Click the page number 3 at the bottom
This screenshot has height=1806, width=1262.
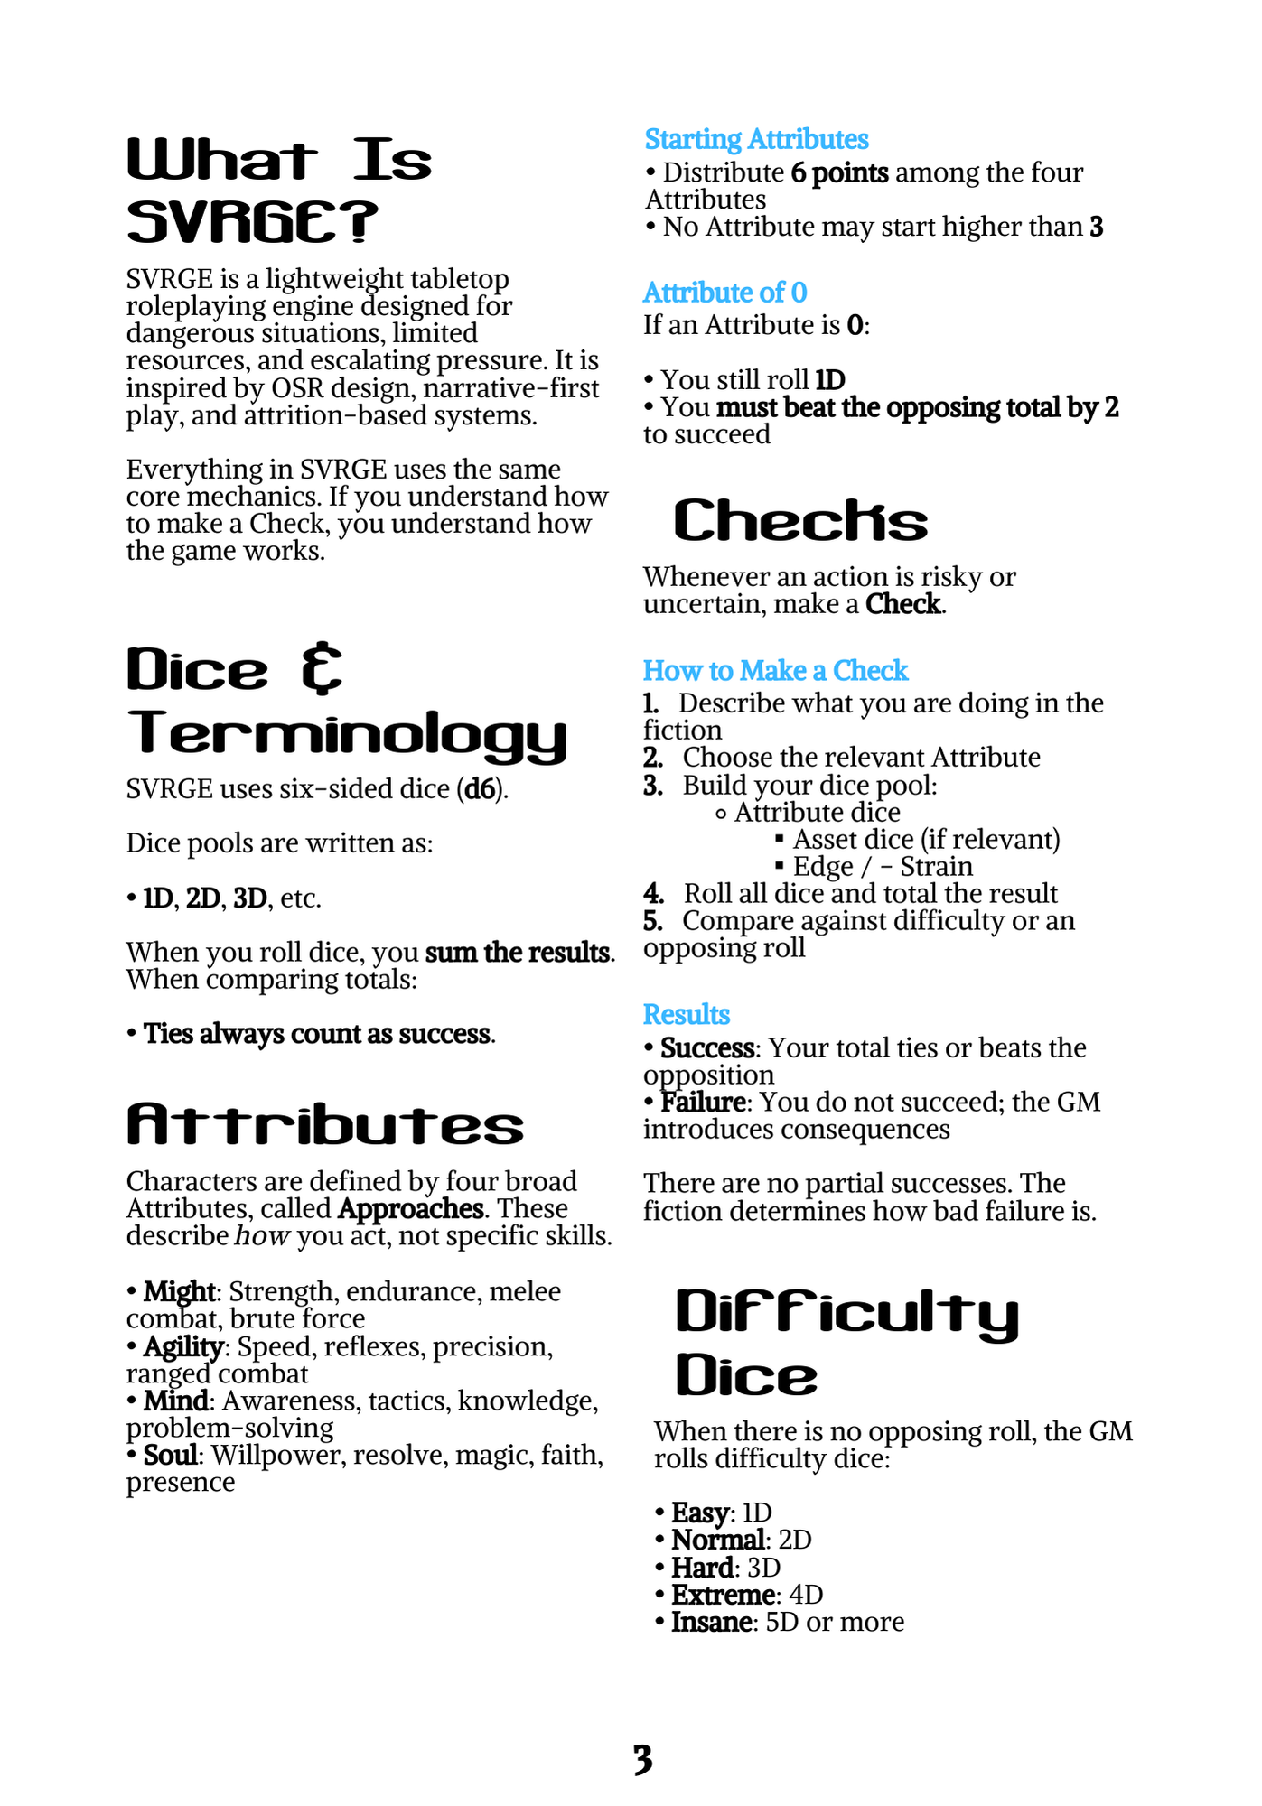click(642, 1759)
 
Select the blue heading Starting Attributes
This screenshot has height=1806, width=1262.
click(756, 139)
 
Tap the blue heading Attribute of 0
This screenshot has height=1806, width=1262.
click(724, 293)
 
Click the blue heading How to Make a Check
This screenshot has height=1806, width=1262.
click(775, 670)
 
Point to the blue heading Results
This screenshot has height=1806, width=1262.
click(686, 1014)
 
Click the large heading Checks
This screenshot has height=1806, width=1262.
click(800, 520)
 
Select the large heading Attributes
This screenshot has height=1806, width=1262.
click(325, 1125)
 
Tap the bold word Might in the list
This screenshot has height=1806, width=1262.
click(179, 1291)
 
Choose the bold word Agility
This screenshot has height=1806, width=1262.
click(183, 1346)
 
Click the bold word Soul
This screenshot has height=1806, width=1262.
click(170, 1455)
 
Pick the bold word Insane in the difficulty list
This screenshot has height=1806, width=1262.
click(711, 1622)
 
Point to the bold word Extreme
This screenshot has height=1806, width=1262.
click(723, 1595)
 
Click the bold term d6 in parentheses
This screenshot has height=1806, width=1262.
click(480, 789)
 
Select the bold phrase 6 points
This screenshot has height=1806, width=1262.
click(839, 172)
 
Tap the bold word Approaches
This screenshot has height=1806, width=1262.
click(411, 1208)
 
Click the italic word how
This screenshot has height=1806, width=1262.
click(262, 1235)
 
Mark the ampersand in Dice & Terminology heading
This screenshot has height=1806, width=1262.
click(322, 669)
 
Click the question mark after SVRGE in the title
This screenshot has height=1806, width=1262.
click(360, 222)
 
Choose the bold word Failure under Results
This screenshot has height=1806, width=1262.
click(702, 1102)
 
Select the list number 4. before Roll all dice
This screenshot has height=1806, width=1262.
click(653, 894)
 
